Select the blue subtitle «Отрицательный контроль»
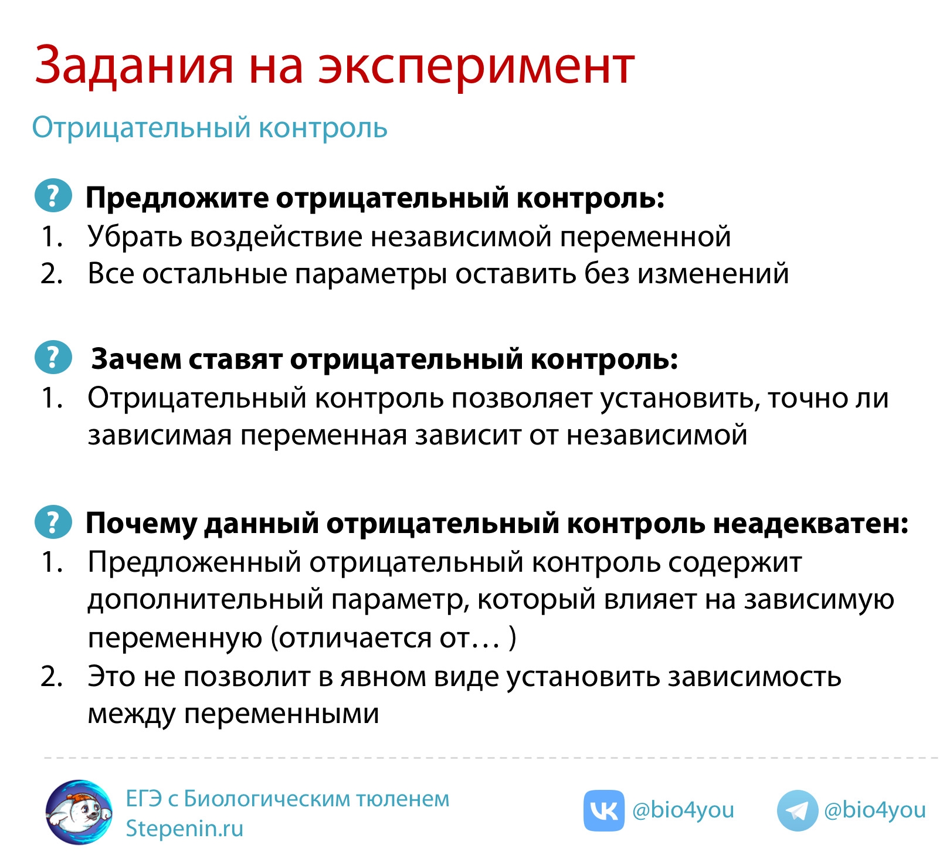[209, 128]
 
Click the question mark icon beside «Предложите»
[53, 195]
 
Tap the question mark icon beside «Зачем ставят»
[53, 357]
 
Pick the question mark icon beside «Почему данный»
[53, 521]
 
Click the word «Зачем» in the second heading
[137, 359]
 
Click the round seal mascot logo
[79, 812]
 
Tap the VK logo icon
[603, 810]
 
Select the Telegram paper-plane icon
[797, 810]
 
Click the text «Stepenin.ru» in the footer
[184, 829]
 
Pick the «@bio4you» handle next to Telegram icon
[875, 810]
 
